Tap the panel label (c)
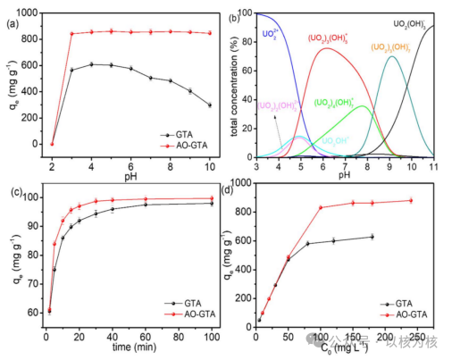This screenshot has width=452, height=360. coord(12,191)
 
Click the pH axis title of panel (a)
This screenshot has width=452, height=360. coord(130,175)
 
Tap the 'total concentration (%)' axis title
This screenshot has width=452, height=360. coord(239,86)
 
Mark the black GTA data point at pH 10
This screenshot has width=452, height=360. coord(209,105)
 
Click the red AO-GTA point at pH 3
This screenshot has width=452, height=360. coord(71,34)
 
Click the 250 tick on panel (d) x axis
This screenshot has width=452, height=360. coord(417,338)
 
